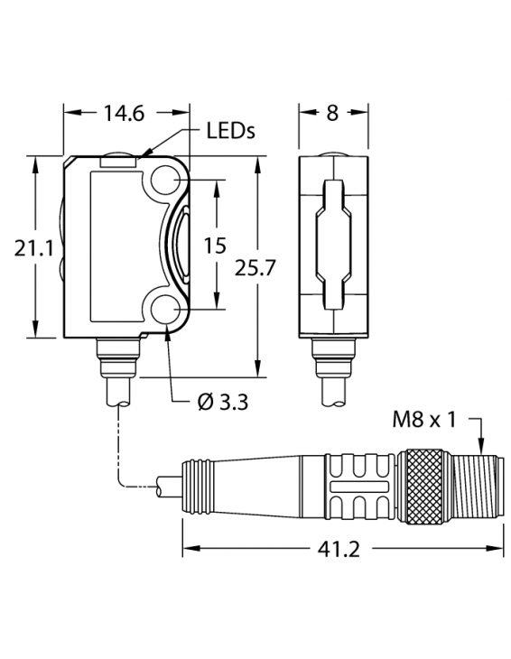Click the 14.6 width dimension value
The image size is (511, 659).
(125, 114)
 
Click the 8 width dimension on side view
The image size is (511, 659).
(334, 114)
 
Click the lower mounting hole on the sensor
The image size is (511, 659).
(168, 311)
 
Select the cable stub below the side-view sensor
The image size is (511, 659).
(334, 388)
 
